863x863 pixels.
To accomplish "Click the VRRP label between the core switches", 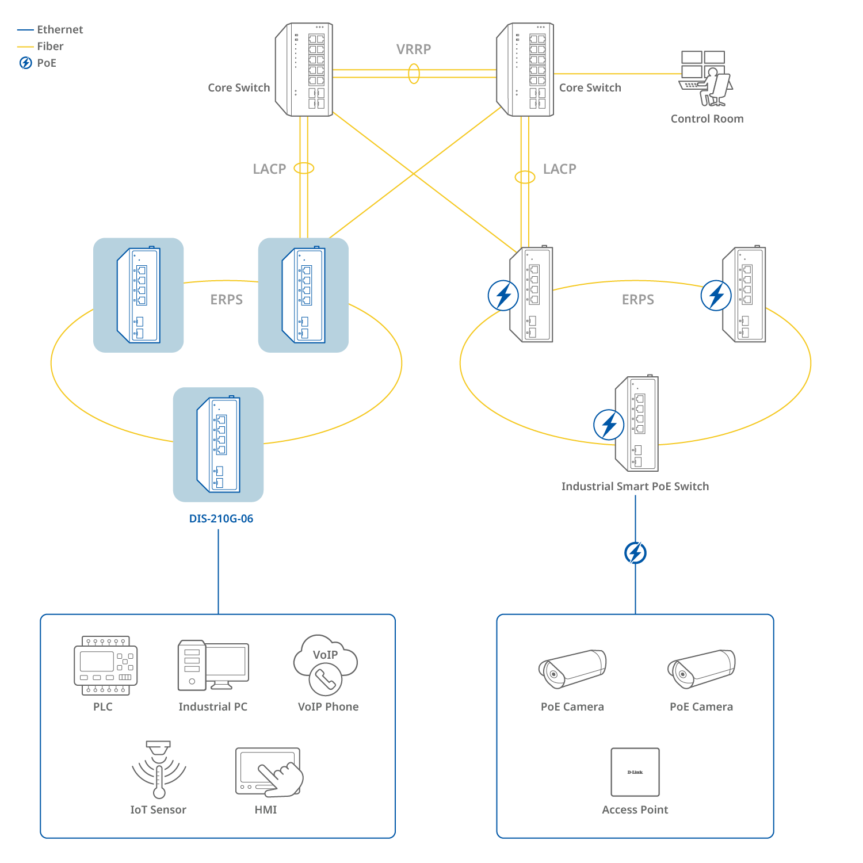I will pos(413,49).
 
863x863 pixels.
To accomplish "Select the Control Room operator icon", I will pos(706,79).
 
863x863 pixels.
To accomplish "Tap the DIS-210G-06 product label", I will pos(221,518).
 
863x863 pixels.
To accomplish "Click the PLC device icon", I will pos(106,666).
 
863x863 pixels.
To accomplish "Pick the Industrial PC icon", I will pos(213,665).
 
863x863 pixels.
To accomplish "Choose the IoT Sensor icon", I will pos(159,770).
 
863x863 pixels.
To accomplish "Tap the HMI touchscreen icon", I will pos(269,772).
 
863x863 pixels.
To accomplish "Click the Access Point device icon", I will pos(635,772).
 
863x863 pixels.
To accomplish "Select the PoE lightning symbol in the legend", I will pos(26,63).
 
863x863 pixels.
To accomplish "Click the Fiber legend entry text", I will pos(51,46).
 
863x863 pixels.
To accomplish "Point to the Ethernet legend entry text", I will pos(60,29).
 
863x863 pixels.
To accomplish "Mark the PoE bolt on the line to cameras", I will pos(635,553).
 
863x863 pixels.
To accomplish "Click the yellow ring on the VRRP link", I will pos(414,74).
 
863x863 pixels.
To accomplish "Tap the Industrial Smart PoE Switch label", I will pos(635,486).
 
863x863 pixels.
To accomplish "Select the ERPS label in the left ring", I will pos(226,299).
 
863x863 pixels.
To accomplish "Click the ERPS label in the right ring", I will pos(637,299).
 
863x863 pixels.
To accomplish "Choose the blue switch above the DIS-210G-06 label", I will pos(219,444).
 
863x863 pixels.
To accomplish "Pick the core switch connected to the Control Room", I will pos(525,70).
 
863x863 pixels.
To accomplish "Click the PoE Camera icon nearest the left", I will pos(572,669).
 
